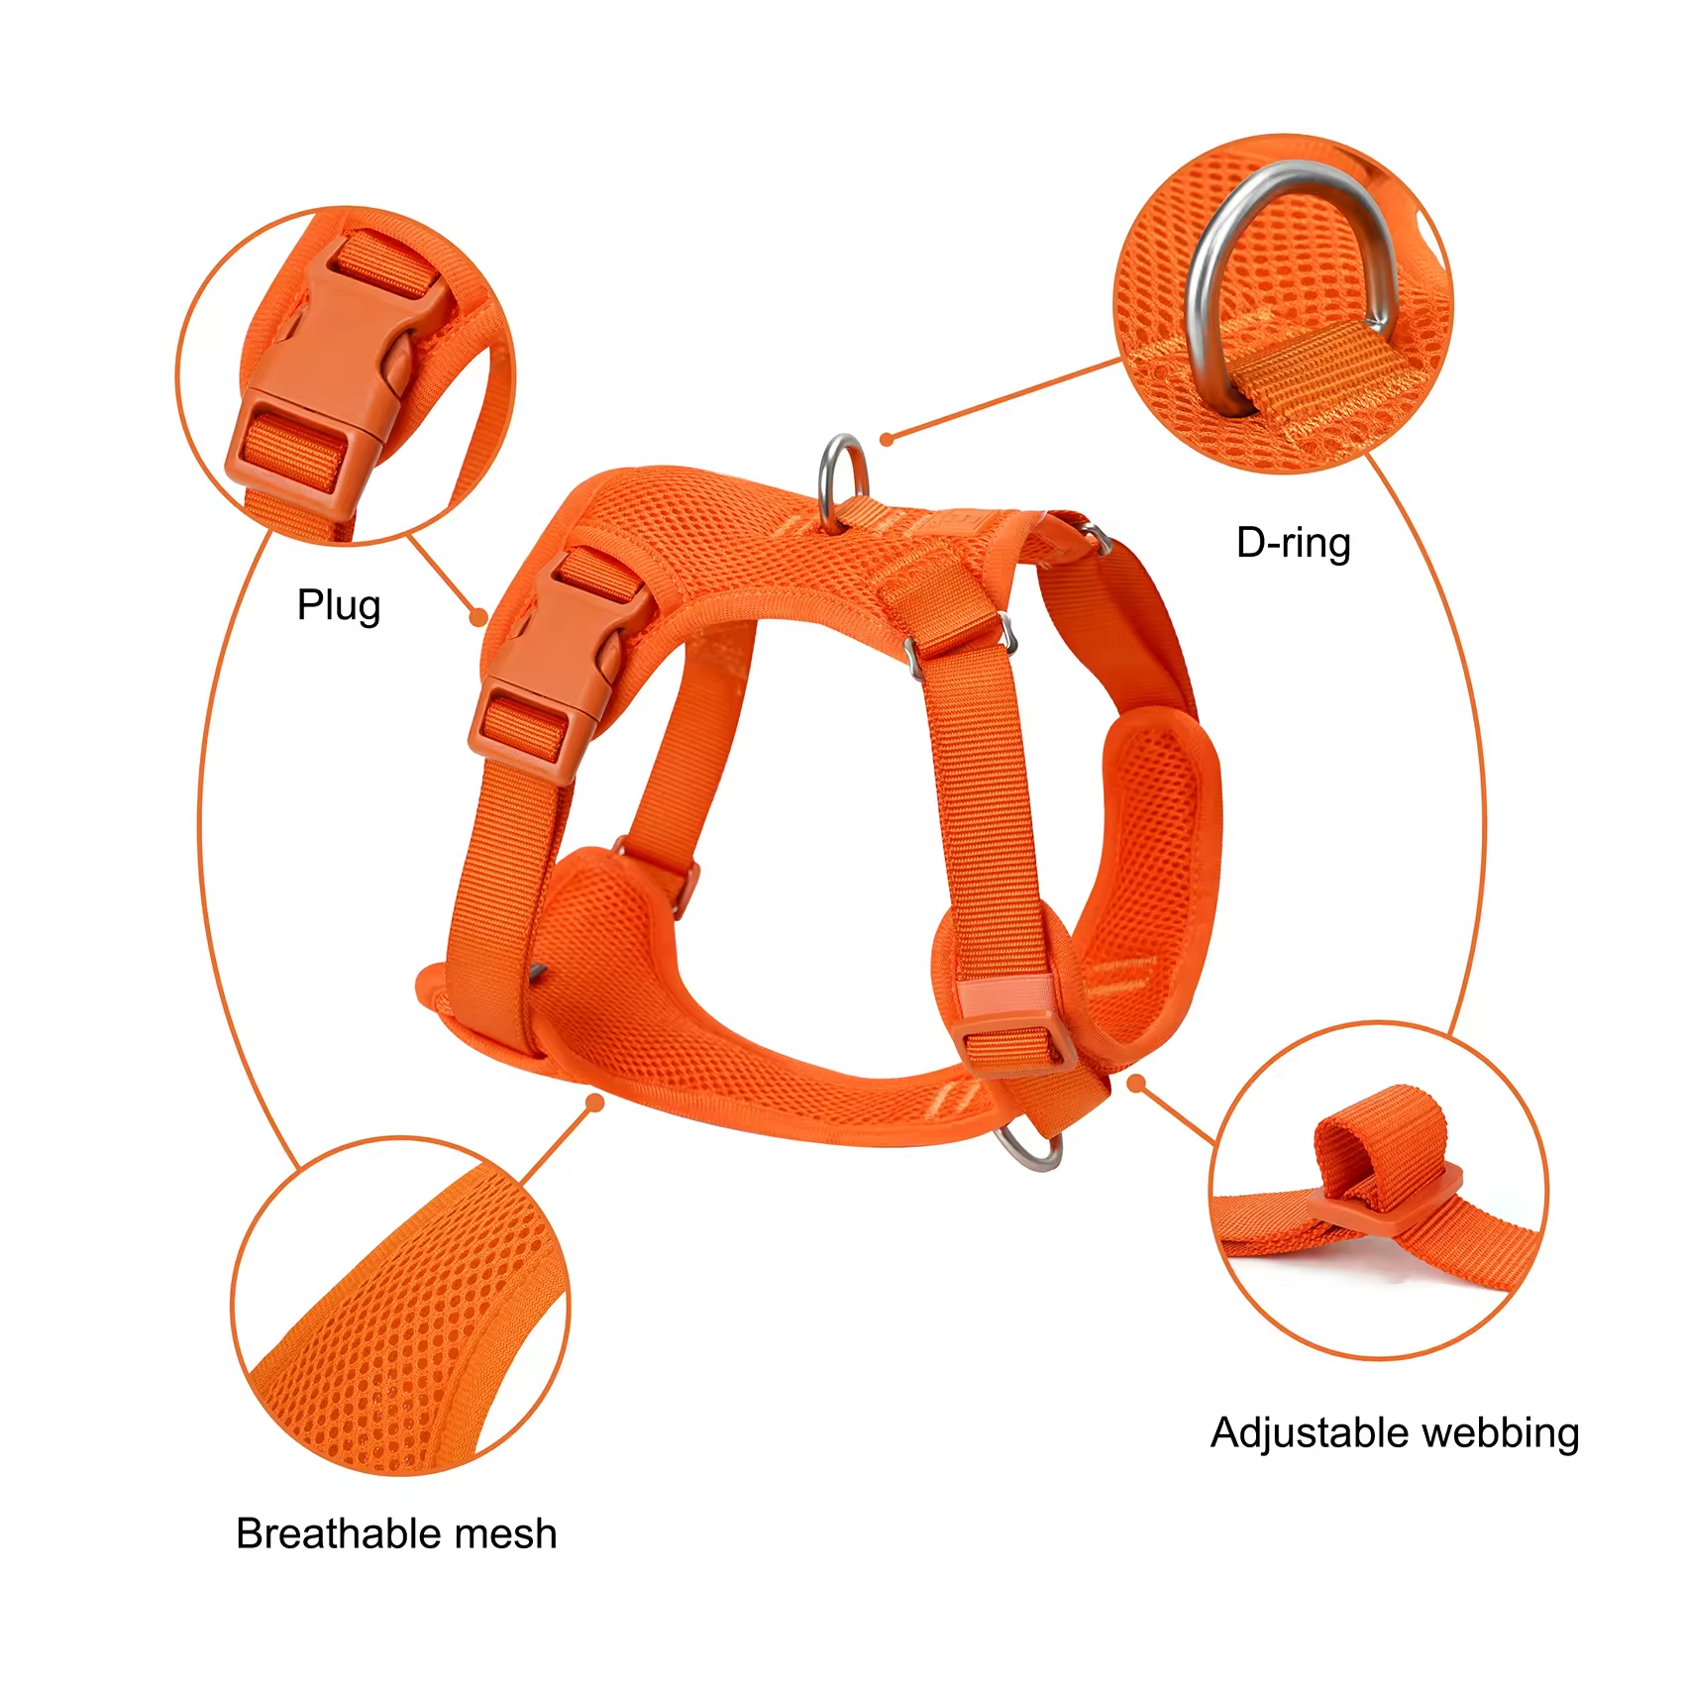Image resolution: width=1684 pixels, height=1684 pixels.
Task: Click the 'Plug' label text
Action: [x=339, y=606]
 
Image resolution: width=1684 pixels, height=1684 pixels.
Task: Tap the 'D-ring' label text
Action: [x=1293, y=544]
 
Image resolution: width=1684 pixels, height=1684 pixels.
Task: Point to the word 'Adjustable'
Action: [x=1303, y=1433]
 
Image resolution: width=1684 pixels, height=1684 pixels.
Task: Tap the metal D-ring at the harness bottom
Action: [x=1030, y=1149]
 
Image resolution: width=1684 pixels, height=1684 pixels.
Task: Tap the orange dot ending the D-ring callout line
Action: [x=887, y=439]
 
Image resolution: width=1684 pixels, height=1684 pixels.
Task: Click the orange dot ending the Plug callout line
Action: [x=479, y=617]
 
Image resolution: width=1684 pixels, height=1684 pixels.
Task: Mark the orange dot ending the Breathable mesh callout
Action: [x=594, y=1103]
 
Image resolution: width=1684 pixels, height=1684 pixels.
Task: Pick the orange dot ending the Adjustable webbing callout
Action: [x=1136, y=1084]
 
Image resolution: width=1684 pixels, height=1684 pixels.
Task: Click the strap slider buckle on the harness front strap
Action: [x=1015, y=1035]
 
